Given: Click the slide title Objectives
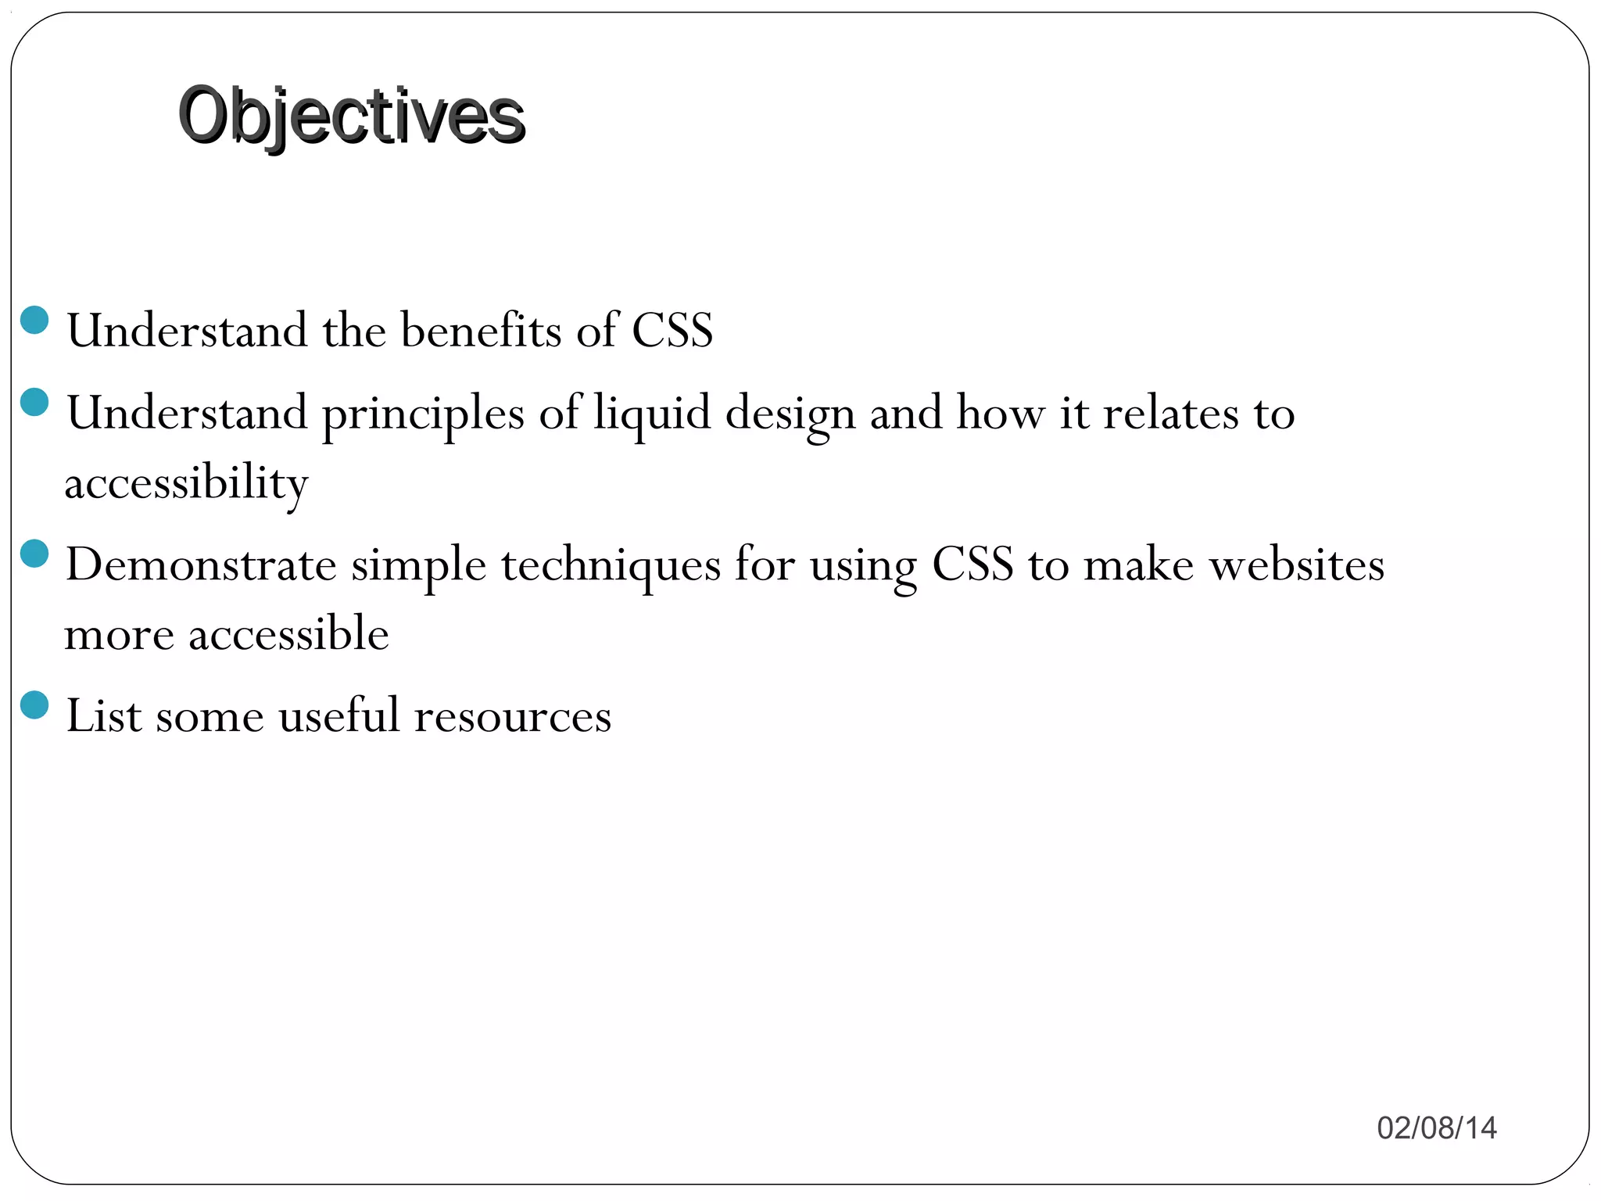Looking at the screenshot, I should point(351,116).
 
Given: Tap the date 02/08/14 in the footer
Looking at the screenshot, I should point(1436,1128).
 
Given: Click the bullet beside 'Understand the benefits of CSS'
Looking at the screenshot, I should point(34,320).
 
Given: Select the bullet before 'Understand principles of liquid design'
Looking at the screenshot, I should point(34,403).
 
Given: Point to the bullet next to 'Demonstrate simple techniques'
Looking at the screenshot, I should point(34,554).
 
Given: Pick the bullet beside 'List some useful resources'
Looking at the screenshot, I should point(34,704).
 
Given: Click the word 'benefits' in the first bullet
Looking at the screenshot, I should point(481,330).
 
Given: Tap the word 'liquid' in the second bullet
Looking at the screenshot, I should point(651,414).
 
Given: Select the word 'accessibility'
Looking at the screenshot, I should point(186,483).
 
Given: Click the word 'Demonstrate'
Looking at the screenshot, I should point(201,565).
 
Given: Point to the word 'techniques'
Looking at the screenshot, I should point(611,566).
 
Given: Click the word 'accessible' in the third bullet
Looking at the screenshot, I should point(288,633).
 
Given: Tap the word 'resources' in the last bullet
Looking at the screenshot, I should point(512,716).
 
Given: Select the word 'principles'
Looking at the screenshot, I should point(423,414).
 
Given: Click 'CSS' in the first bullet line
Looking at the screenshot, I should point(672,330).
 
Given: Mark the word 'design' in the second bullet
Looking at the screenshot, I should point(790,414).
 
